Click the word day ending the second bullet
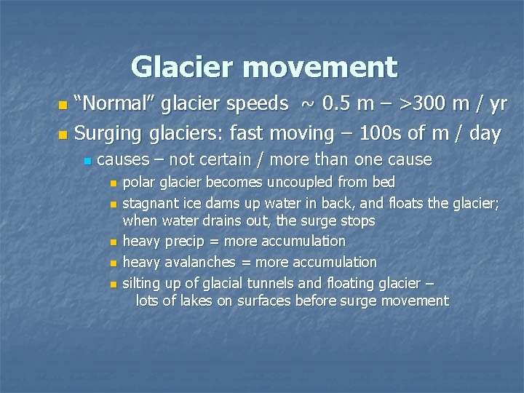tap(483, 133)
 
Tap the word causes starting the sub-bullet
tap(121, 159)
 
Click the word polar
tap(137, 182)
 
